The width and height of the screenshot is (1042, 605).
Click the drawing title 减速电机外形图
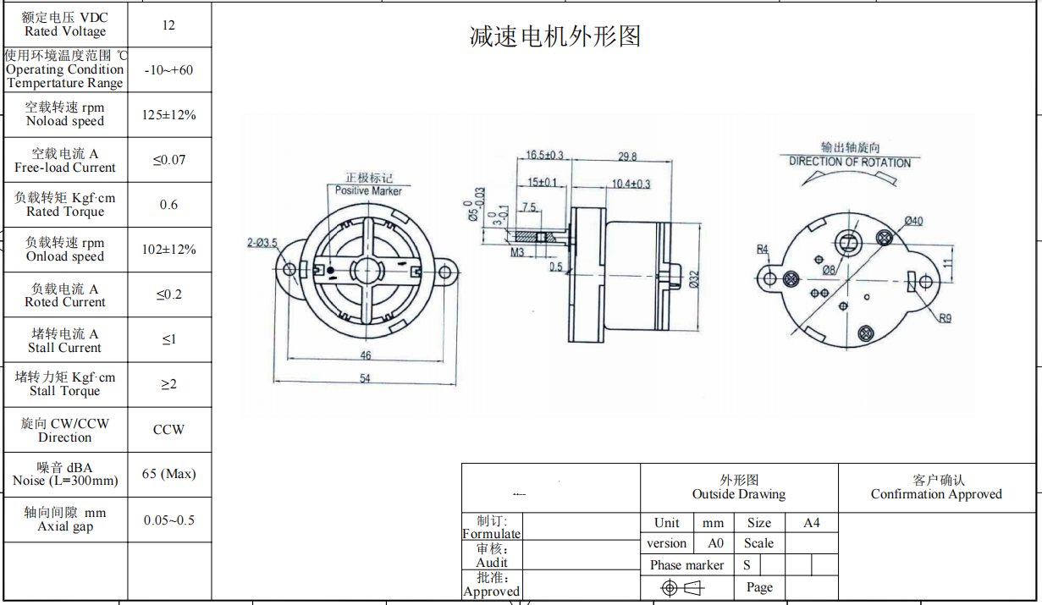[x=555, y=36]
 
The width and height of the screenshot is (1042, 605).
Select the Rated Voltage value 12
[x=168, y=25]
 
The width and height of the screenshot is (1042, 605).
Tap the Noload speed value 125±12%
[x=168, y=115]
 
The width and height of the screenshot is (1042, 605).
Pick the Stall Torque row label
[x=65, y=384]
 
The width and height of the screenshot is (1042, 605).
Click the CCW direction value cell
[x=168, y=430]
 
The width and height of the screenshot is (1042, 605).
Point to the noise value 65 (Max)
[x=168, y=474]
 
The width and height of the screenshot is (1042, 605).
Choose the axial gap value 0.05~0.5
[x=168, y=520]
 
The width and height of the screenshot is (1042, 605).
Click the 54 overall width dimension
[x=365, y=378]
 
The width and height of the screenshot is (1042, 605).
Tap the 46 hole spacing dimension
[x=365, y=356]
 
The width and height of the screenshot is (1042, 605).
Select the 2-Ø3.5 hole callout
[x=262, y=244]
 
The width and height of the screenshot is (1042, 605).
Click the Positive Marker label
[x=368, y=190]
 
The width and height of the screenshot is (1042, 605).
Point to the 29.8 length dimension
[x=627, y=157]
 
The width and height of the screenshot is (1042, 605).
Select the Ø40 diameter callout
[x=913, y=221]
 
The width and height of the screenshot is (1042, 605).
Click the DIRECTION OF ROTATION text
[x=850, y=162]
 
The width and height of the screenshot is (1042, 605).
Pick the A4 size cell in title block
[x=811, y=523]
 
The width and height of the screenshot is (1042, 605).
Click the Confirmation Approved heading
[x=936, y=494]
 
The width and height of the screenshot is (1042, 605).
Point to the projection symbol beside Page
[x=682, y=587]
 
